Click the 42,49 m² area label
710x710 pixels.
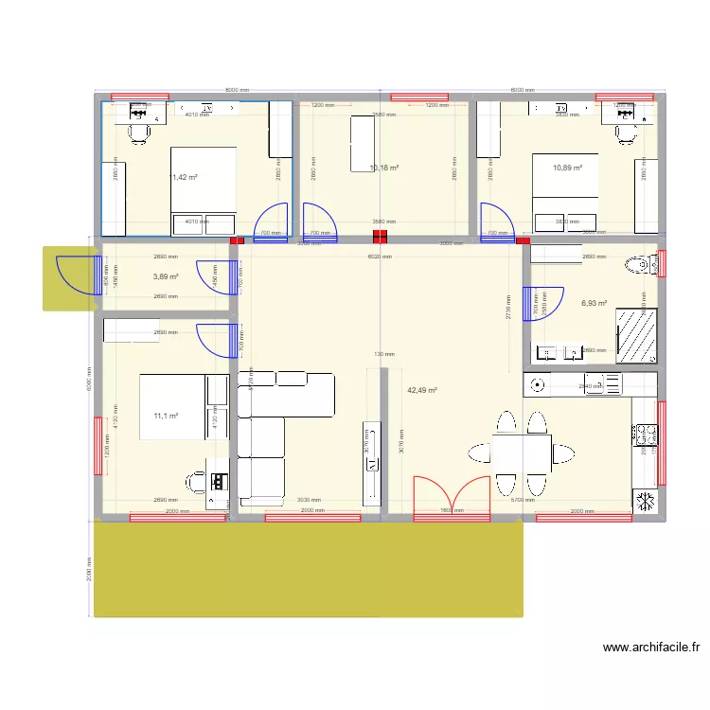(x=422, y=390)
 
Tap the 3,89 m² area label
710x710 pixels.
(x=166, y=276)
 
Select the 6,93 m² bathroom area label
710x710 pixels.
(x=595, y=304)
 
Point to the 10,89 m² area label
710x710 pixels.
(x=568, y=168)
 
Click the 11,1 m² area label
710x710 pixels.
(x=166, y=415)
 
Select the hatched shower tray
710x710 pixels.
(x=635, y=335)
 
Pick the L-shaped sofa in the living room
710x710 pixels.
(x=275, y=426)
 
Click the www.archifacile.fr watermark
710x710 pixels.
(x=650, y=648)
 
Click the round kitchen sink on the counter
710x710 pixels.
(x=539, y=384)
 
